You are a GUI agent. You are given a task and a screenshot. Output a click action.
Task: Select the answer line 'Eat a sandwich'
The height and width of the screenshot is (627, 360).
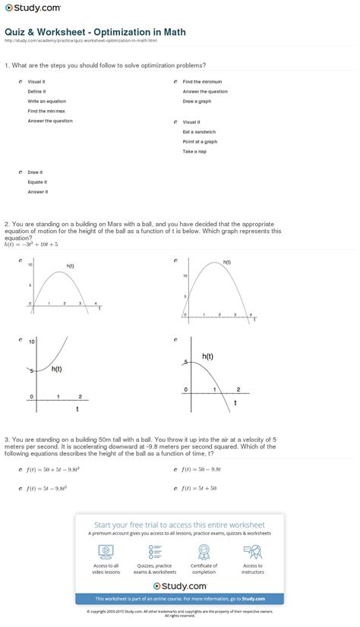[x=199, y=131]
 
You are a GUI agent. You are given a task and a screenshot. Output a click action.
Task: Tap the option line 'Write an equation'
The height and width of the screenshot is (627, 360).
[x=46, y=101]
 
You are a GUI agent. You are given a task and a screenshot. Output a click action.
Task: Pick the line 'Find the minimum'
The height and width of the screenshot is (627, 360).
[x=202, y=81]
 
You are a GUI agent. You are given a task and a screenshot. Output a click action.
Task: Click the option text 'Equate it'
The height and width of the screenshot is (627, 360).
[x=37, y=182]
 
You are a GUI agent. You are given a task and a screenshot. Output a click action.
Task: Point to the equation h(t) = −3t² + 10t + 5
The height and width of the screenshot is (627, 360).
[x=31, y=244]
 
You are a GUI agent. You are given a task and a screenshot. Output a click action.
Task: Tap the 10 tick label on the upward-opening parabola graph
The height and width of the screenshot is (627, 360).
[x=32, y=342]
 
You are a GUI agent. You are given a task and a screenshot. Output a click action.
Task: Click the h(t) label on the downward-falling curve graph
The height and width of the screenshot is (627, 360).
[x=207, y=356]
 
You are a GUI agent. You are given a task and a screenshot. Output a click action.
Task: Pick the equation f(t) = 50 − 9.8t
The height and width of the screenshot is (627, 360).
[x=201, y=470]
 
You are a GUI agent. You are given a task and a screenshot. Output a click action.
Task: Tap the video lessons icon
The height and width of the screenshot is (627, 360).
[x=105, y=550]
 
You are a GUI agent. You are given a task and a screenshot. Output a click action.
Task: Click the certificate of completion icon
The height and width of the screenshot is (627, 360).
[x=204, y=550]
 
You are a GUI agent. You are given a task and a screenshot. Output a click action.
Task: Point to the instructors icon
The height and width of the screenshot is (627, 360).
[x=253, y=550]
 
